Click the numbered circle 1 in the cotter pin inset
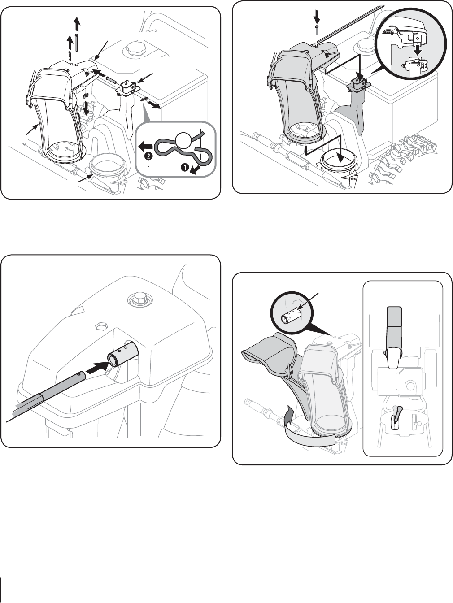tap(185, 167)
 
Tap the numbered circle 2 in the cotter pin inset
tap(148, 156)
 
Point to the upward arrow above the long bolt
tap(77, 23)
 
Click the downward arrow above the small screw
tap(317, 16)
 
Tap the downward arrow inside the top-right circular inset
tap(418, 49)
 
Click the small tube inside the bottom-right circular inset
tap(292, 315)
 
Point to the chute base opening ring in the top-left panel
tap(109, 167)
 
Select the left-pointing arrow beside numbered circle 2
tap(145, 147)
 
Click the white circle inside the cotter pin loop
tap(185, 141)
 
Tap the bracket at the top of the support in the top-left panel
tap(128, 87)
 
